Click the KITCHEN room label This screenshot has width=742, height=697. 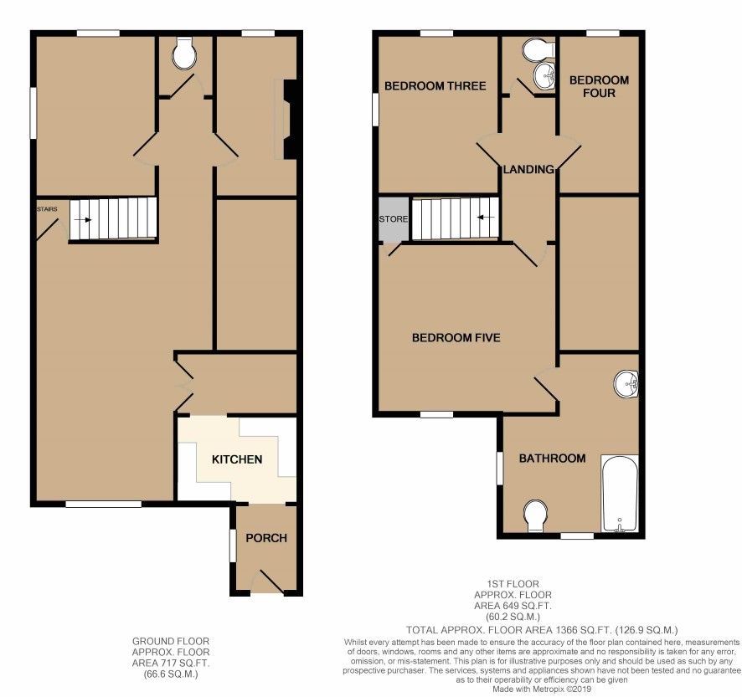point(237,459)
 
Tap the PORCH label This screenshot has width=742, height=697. point(266,538)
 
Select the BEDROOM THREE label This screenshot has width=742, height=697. point(435,86)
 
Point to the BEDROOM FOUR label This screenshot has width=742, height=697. point(599,86)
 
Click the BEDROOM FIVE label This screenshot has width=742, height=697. point(456,338)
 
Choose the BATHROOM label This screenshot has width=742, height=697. point(552,459)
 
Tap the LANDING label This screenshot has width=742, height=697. point(528,169)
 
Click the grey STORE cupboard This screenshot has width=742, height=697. point(394,219)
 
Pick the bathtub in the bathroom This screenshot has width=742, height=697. point(620,493)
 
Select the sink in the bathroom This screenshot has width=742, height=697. point(626,383)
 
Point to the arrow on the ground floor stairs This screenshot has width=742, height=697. point(83,220)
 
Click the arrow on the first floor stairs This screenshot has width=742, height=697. point(486,218)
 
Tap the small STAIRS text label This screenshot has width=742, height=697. point(48,209)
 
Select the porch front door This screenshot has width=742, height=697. point(267,582)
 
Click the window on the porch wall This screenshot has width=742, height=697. point(232,546)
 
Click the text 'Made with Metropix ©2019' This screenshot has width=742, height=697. point(542,689)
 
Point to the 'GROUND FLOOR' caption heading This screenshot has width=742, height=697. point(170,642)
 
